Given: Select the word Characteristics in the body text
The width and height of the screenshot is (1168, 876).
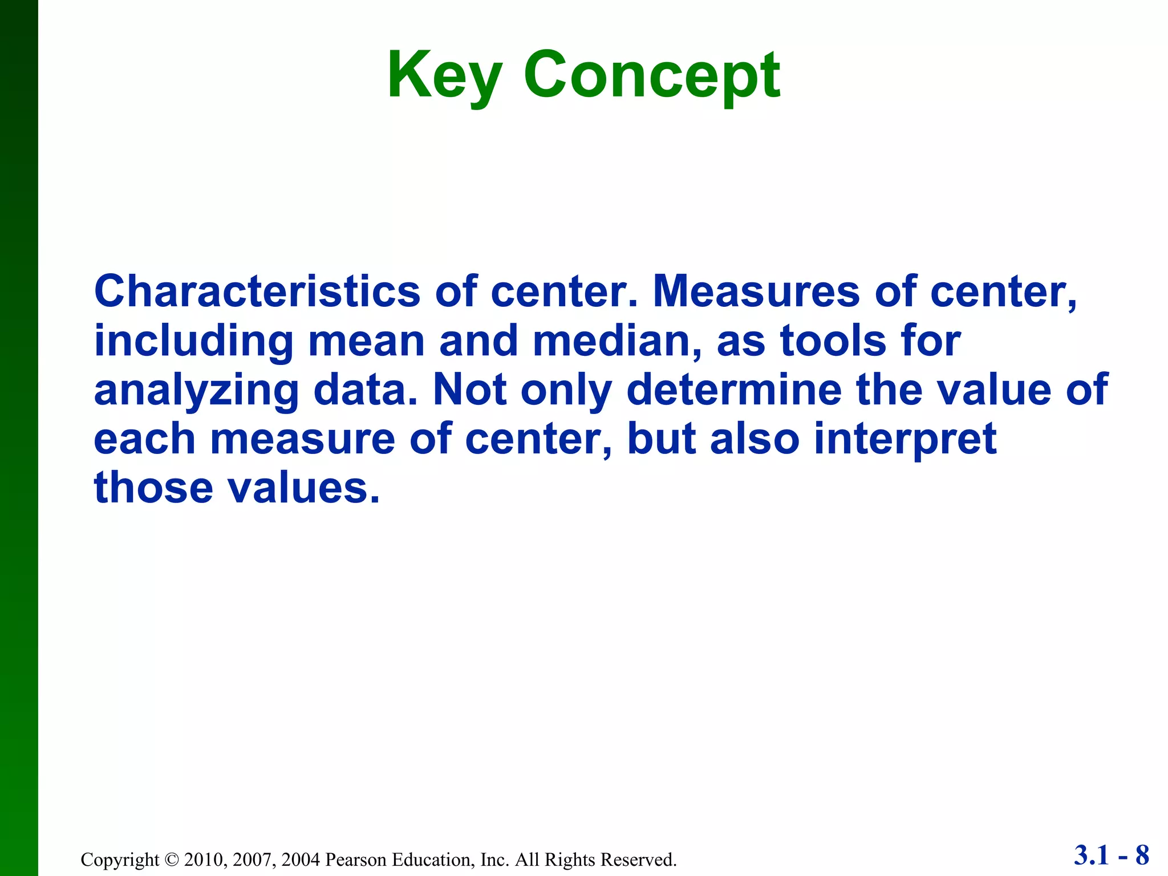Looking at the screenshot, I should pyautogui.click(x=257, y=292).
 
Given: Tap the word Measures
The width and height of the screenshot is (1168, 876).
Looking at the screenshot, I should pyautogui.click(x=756, y=292).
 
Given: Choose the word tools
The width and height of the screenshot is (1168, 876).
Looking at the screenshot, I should pyautogui.click(x=833, y=341).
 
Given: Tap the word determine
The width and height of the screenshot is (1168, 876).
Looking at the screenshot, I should pyautogui.click(x=734, y=390).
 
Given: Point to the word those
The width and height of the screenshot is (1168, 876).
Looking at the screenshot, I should pyautogui.click(x=153, y=488).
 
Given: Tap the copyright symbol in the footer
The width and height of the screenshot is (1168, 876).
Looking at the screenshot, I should pyautogui.click(x=171, y=859).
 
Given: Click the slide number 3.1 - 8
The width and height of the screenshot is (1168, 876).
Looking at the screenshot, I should pyautogui.click(x=1111, y=855).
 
